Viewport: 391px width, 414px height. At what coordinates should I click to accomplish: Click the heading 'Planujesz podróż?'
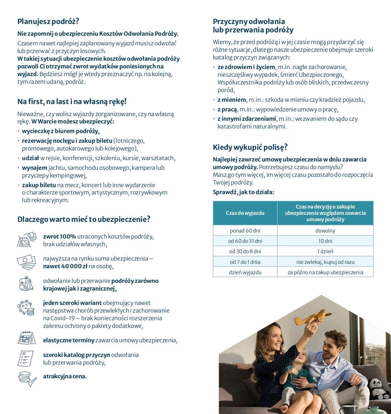pos(48,22)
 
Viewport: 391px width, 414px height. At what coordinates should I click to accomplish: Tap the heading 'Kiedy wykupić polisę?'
pos(250,147)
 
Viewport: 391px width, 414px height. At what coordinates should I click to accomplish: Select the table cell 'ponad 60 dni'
pos(245,231)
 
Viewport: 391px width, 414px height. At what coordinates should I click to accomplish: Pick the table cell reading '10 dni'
pos(325,241)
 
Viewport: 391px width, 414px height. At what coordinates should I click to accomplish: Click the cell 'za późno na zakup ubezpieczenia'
pos(325,272)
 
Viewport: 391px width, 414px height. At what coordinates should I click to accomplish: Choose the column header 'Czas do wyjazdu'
pos(245,213)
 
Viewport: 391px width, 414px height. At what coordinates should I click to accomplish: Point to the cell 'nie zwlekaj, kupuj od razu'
pos(325,262)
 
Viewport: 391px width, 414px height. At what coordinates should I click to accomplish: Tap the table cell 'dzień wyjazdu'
pos(245,272)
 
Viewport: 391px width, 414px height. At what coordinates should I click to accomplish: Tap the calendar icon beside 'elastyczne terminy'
pos(26,338)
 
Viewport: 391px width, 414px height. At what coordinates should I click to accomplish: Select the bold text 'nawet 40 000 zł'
pos(65,266)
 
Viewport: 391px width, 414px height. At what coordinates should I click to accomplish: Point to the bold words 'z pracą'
pos(228,109)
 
